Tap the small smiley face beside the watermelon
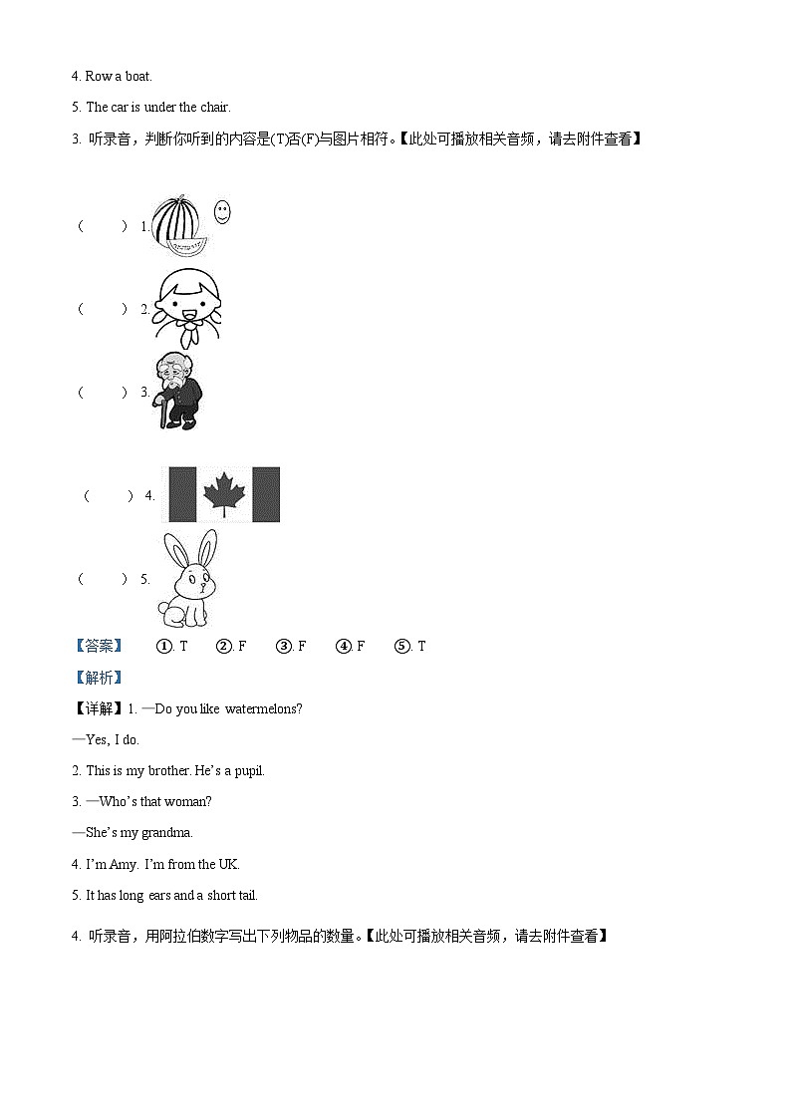[222, 211]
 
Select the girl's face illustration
[190, 299]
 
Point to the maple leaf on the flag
[224, 494]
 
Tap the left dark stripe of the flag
[182, 494]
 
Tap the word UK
[229, 864]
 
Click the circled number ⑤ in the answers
[402, 647]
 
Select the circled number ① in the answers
[164, 647]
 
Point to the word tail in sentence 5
[246, 895]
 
